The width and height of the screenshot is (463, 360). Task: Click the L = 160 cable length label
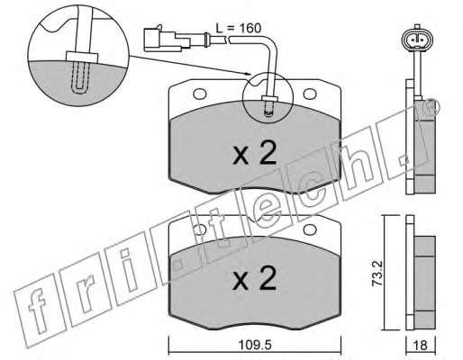[x=239, y=28]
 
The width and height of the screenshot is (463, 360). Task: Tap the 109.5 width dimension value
[x=255, y=345]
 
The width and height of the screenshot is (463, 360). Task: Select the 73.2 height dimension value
[x=377, y=274]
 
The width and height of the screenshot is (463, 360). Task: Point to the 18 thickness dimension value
[x=420, y=346]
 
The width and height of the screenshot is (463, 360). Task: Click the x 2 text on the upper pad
[x=254, y=153]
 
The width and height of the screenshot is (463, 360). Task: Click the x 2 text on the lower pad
[x=254, y=278]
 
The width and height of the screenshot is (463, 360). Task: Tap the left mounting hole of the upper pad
[x=200, y=94]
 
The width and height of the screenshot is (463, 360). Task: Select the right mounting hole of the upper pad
[x=310, y=94]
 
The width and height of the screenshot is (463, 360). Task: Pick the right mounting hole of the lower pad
[x=310, y=230]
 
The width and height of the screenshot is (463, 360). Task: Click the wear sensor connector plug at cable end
[x=167, y=39]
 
